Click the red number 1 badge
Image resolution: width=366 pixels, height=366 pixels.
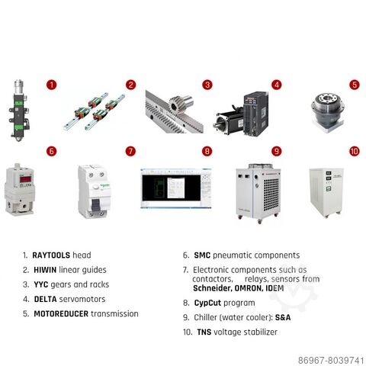(52, 85)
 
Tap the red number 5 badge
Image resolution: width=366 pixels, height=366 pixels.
(355, 85)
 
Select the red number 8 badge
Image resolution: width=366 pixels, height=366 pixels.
(207, 152)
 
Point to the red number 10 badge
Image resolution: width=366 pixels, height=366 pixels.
(355, 152)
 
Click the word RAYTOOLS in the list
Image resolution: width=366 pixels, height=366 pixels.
(51, 255)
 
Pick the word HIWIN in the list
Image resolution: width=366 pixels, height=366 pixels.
(45, 270)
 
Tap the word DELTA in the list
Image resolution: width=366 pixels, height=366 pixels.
(45, 299)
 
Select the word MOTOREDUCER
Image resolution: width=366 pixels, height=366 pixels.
(61, 314)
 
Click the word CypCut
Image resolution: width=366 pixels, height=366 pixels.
(207, 303)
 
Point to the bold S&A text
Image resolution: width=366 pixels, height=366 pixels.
(283, 317)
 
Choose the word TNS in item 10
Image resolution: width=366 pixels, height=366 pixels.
(204, 332)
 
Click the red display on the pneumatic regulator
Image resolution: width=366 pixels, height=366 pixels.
(25, 179)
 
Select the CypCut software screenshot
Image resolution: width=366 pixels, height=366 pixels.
(176, 188)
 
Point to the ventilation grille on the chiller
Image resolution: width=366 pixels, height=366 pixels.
(271, 191)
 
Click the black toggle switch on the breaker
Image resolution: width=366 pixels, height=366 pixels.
(95, 205)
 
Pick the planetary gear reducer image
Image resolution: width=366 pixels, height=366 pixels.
(328, 112)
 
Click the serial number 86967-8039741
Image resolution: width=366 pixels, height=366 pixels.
(331, 361)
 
